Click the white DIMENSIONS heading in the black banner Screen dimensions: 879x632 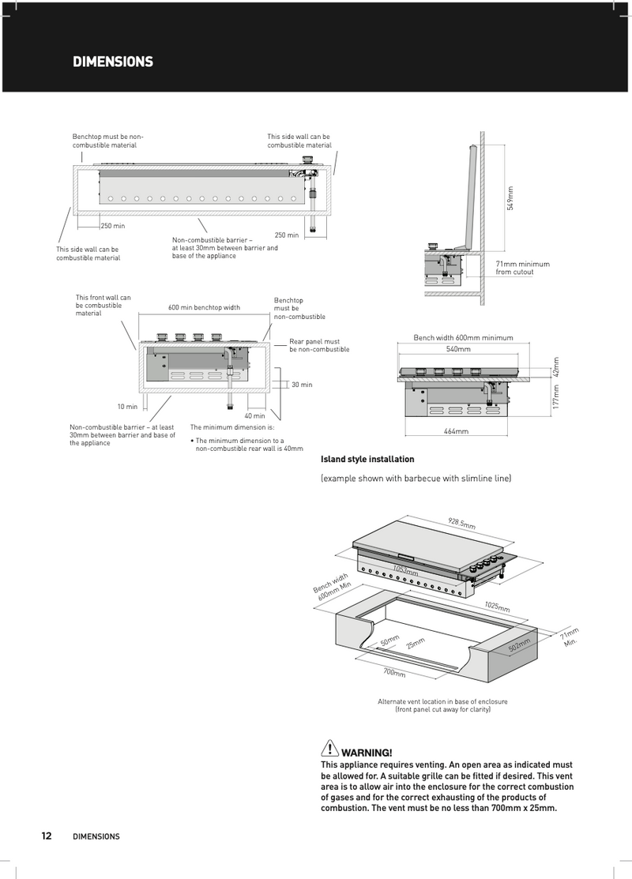113,62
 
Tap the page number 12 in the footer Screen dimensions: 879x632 47,836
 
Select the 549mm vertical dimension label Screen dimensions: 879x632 510,197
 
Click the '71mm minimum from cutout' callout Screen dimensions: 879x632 522,268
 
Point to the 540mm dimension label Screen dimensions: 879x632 458,349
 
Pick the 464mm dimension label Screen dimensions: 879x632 456,431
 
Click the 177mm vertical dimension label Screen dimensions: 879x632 555,396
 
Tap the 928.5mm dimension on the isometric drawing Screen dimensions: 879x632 462,524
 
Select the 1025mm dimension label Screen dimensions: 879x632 497,607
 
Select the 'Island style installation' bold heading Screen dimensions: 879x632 367,459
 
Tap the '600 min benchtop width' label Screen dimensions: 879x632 204,307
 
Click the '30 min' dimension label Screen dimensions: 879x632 302,385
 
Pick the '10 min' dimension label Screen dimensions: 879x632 127,407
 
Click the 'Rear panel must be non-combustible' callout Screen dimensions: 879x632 319,345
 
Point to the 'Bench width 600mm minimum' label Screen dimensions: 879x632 463,338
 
